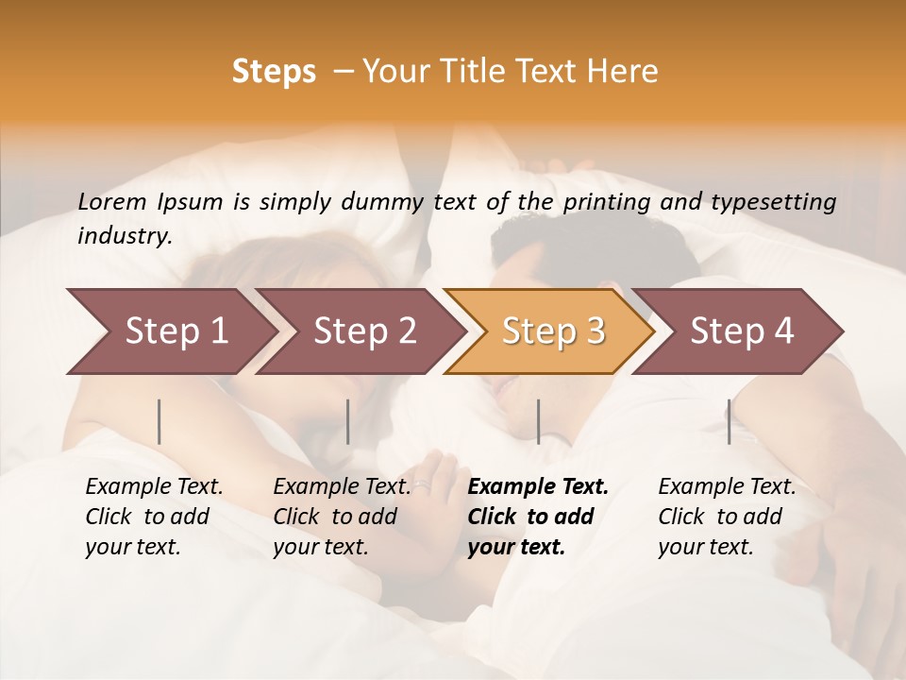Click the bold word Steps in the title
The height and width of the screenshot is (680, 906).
(x=274, y=72)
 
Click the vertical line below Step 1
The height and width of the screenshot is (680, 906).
(x=159, y=421)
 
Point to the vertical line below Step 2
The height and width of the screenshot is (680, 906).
(x=348, y=421)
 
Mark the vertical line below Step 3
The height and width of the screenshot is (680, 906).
(x=538, y=421)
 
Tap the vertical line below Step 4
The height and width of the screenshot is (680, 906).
(x=730, y=421)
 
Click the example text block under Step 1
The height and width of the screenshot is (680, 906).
(x=154, y=517)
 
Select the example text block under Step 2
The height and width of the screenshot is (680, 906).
(x=342, y=517)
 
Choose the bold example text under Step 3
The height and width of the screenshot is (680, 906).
(x=538, y=517)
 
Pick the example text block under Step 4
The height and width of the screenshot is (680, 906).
(x=727, y=517)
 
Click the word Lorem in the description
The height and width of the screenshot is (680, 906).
(x=112, y=201)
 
